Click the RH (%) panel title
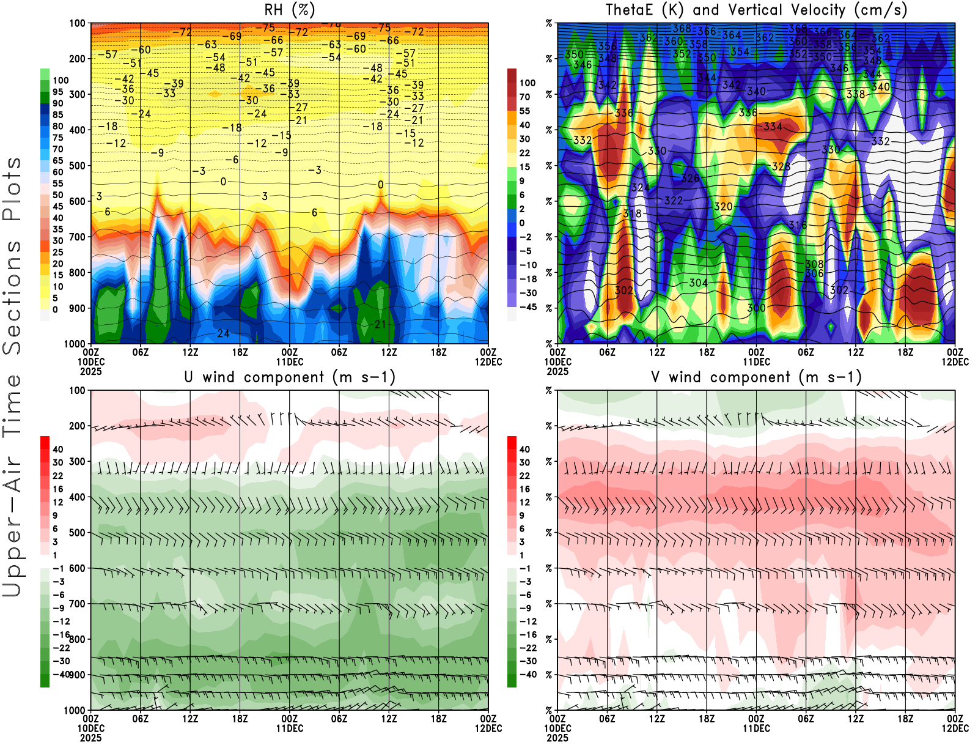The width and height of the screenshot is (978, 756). (289, 10)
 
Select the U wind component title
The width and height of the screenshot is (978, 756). (290, 377)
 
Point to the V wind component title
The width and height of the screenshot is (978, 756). (756, 377)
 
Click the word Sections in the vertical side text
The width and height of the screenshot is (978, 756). (12, 297)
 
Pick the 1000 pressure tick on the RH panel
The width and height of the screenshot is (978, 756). (75, 344)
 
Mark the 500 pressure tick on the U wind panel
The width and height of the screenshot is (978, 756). (77, 533)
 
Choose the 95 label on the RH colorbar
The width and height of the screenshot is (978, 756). (57, 92)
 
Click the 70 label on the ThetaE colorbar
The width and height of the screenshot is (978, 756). (524, 97)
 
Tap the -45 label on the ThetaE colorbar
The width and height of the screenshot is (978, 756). (528, 307)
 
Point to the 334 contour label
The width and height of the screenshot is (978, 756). (773, 127)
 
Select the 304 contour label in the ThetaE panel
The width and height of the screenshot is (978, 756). (698, 283)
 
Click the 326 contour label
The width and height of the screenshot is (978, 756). (690, 178)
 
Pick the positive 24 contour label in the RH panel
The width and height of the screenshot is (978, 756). (223, 333)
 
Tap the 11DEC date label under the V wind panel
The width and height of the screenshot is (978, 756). (756, 728)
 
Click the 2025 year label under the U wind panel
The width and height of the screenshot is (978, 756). (90, 738)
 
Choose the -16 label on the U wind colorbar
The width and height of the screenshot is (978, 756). (61, 635)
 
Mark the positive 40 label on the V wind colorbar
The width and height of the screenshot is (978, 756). (524, 449)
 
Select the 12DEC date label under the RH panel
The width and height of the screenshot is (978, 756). (488, 361)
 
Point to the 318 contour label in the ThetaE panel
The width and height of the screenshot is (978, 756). (632, 213)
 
